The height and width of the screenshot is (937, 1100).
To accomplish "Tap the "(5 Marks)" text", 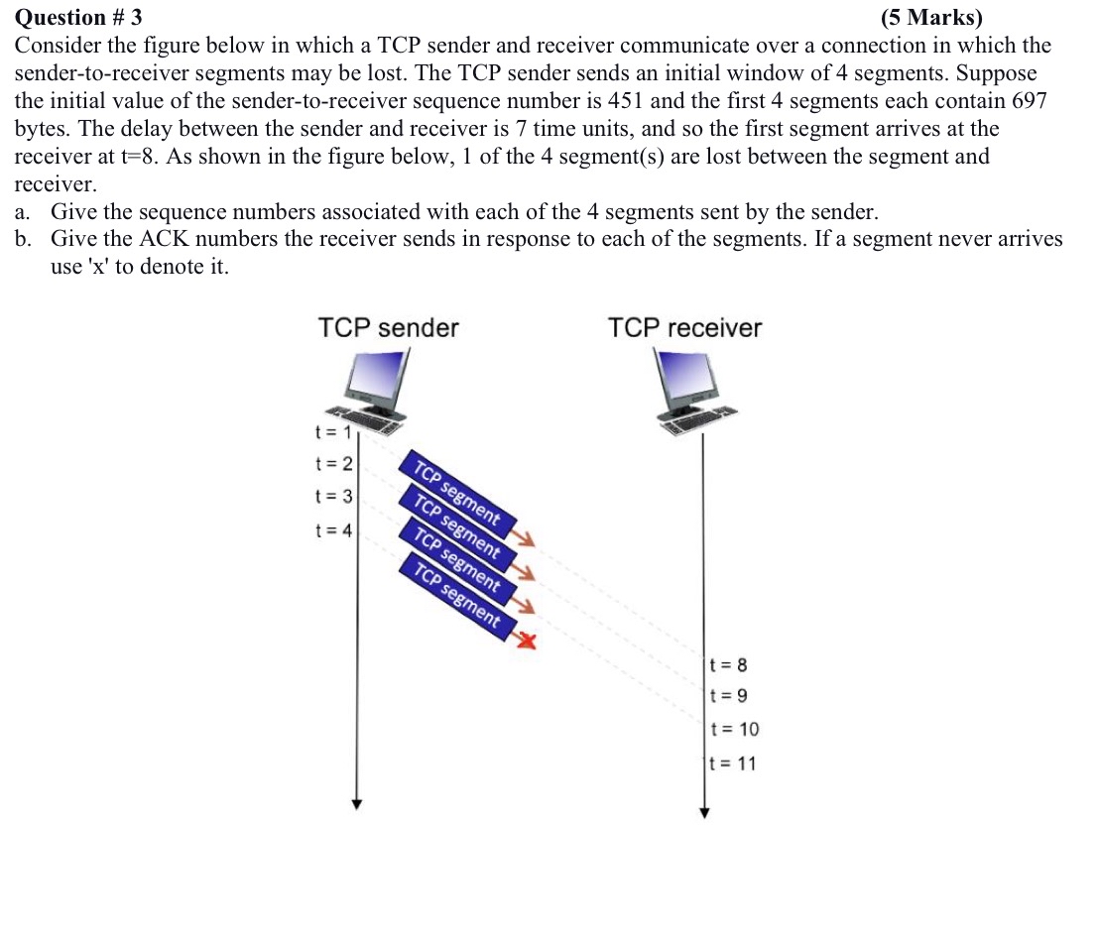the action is (931, 17).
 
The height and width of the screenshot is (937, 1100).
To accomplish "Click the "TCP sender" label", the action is (389, 328).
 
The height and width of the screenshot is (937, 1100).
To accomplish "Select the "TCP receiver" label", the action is (685, 328).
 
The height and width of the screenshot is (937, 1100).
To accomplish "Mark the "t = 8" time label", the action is (730, 664).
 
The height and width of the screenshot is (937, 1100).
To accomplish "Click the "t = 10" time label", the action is (735, 729).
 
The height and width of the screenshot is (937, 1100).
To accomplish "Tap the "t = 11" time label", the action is (734, 762).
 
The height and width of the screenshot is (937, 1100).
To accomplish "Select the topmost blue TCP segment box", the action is (456, 493).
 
